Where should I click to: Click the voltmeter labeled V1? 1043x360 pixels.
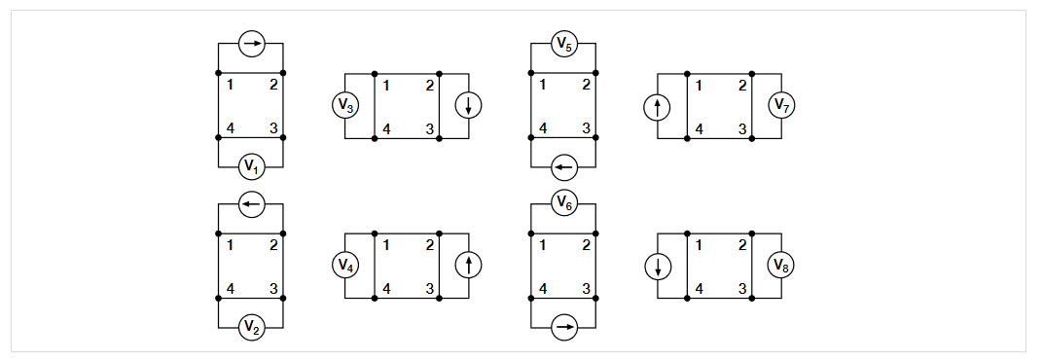pos(251,167)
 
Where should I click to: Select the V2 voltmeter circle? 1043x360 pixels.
pos(251,328)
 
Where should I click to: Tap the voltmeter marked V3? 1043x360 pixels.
pos(345,106)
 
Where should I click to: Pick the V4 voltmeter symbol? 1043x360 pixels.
pos(345,265)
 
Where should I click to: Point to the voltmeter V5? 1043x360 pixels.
pos(563,44)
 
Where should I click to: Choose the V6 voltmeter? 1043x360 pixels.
pos(563,203)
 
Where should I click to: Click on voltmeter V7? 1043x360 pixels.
pos(782,106)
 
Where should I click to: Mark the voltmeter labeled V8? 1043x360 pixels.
pos(782,265)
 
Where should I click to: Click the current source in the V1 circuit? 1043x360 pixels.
pos(251,44)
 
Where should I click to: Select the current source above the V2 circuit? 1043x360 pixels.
pos(251,203)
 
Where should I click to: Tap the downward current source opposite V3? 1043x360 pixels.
pos(469,106)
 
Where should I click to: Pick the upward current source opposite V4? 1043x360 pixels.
pos(469,265)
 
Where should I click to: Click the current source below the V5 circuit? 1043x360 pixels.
pos(563,167)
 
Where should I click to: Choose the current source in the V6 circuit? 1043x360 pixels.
pos(563,328)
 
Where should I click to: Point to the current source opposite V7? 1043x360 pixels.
pos(658,106)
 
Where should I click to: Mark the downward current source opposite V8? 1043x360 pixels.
pos(658,265)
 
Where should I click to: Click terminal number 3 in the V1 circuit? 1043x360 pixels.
pos(273,128)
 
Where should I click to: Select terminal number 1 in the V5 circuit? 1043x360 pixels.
pos(542,86)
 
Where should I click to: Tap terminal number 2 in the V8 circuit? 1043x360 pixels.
pos(742,245)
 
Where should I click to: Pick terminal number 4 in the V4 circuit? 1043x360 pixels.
pos(386,288)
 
